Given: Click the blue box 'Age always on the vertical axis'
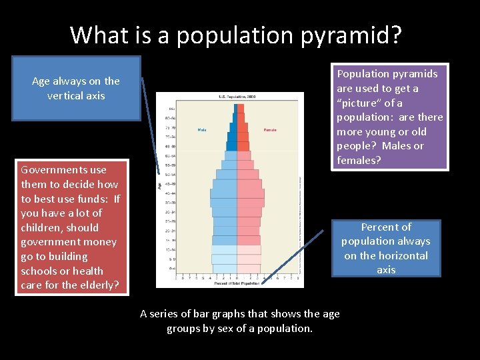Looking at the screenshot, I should point(76,88).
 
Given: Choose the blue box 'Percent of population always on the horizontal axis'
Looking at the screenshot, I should point(386,248).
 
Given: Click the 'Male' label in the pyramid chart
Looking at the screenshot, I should point(202,129).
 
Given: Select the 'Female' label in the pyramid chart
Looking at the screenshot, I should point(270,129).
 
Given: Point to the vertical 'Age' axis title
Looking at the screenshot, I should point(160,185).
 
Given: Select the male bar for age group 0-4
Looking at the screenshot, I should point(225,269).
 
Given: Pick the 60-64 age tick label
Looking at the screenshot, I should point(172,155).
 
